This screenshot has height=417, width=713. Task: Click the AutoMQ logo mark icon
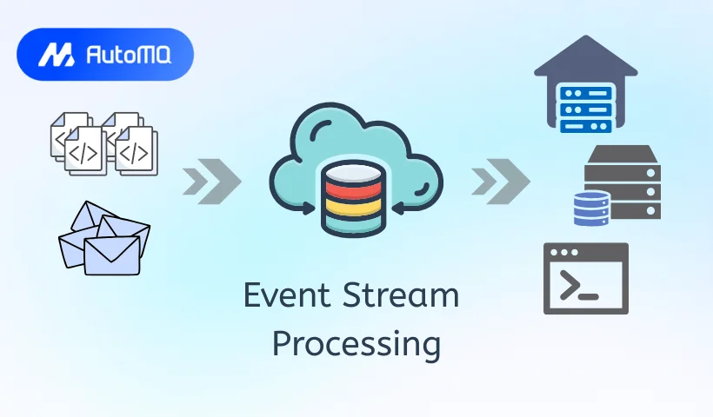click(56, 55)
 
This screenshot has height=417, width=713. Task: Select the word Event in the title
click(287, 295)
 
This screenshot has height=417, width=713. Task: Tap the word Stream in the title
click(400, 295)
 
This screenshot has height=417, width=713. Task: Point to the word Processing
click(356, 344)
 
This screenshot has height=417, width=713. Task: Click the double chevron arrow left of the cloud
click(212, 181)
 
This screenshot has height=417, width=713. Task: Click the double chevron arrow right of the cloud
click(501, 181)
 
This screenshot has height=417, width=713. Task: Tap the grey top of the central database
click(353, 173)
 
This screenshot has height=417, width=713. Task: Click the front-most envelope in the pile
click(112, 255)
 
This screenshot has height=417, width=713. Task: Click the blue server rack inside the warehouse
click(586, 109)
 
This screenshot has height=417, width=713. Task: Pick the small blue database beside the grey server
click(591, 208)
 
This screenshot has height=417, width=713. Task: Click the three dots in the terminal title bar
click(563, 253)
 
